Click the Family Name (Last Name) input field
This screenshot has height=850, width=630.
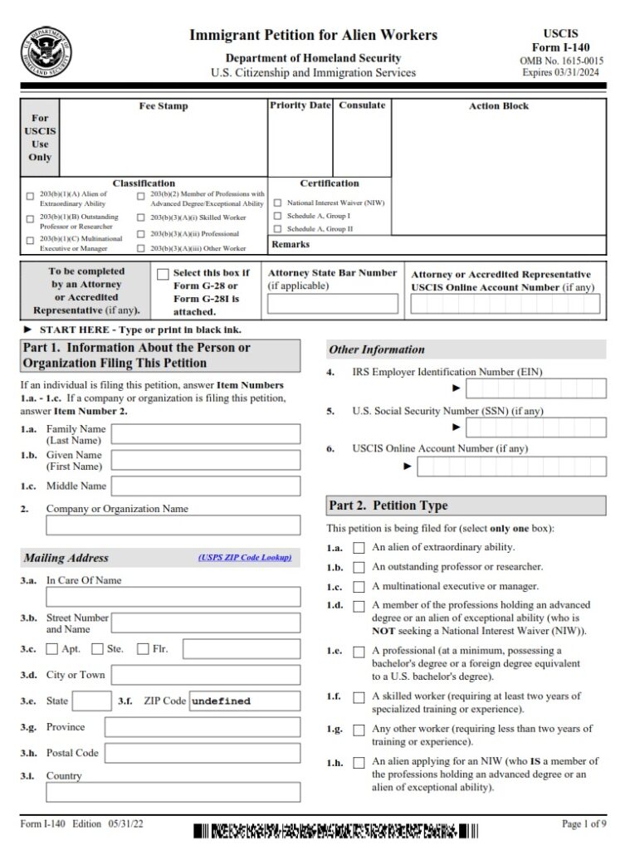click(x=205, y=433)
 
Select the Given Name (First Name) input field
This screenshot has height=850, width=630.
click(x=205, y=460)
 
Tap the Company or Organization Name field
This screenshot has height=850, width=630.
click(x=173, y=525)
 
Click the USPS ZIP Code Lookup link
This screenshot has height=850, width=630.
click(x=245, y=558)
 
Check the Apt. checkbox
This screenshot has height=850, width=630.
click(x=52, y=649)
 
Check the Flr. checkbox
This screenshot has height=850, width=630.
click(x=143, y=649)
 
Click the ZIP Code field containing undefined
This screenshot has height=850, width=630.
click(x=244, y=701)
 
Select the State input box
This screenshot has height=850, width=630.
click(x=91, y=701)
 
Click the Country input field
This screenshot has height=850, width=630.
click(x=173, y=792)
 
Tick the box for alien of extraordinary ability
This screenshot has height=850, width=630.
click(x=359, y=548)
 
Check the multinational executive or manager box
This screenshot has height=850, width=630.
click(x=359, y=587)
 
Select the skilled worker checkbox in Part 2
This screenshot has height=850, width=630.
click(x=359, y=697)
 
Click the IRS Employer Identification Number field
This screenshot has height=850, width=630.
click(x=535, y=388)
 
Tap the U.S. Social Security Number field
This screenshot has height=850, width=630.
click(x=535, y=427)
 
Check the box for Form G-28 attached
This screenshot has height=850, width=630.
click(x=163, y=275)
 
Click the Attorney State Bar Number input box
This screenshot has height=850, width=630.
click(x=331, y=304)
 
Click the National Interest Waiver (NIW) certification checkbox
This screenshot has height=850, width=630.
click(x=279, y=203)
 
